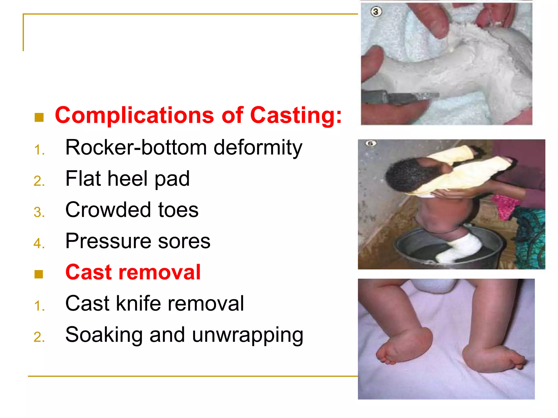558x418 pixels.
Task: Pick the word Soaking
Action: pyautogui.click(x=104, y=335)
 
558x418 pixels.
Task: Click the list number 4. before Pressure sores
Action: pyautogui.click(x=39, y=243)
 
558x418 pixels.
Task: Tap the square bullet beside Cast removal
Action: pyautogui.click(x=39, y=274)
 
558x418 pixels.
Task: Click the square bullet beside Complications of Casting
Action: pyautogui.click(x=39, y=117)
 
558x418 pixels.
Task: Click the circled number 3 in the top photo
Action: pyautogui.click(x=376, y=12)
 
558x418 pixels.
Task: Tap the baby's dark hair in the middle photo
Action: pyautogui.click(x=403, y=174)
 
